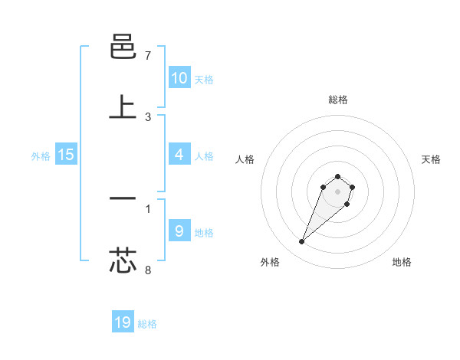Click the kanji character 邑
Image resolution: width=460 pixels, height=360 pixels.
(123, 48)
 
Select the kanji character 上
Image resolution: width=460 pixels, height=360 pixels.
(123, 107)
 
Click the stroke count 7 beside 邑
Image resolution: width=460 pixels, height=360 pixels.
(148, 56)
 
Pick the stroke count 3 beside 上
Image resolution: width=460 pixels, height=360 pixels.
(148, 116)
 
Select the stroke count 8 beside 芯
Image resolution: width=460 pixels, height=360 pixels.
(148, 270)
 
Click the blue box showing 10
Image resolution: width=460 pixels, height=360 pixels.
(179, 78)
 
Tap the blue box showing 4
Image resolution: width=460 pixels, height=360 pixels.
(179, 155)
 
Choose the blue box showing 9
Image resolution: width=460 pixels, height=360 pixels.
(179, 231)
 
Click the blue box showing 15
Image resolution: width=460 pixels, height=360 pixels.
(66, 155)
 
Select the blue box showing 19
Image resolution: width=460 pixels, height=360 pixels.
(123, 322)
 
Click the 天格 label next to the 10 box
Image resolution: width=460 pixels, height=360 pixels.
(204, 80)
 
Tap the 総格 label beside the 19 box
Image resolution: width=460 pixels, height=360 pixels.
(147, 324)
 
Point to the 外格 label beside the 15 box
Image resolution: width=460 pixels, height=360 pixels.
(41, 156)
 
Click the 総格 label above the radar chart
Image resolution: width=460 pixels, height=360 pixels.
(337, 100)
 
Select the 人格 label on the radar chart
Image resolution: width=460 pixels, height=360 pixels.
(245, 159)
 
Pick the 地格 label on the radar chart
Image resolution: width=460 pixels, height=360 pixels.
(402, 262)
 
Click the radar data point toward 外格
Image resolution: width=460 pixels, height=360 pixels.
(302, 242)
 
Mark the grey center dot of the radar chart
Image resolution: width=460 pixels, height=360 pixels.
(337, 191)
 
